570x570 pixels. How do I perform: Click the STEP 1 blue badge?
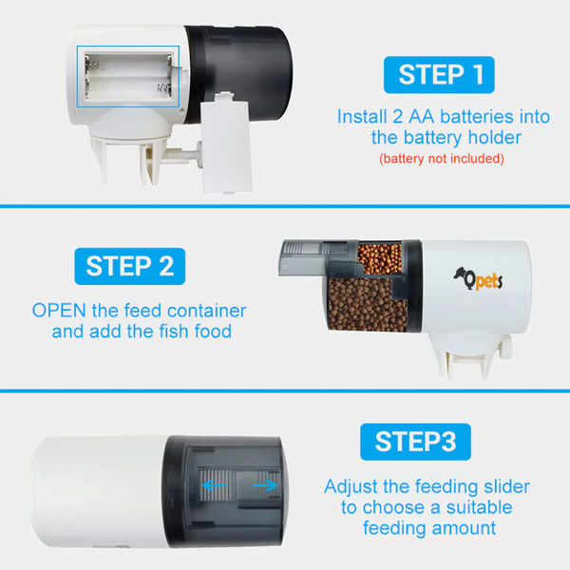point(438,75)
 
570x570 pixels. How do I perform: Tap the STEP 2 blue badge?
point(129,266)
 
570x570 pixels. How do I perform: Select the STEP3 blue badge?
point(415,441)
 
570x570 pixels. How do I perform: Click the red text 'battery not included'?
point(441,158)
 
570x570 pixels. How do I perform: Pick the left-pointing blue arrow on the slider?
point(214,485)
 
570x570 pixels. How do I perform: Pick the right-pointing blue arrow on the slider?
point(266,485)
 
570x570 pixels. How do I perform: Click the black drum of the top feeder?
point(242,66)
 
